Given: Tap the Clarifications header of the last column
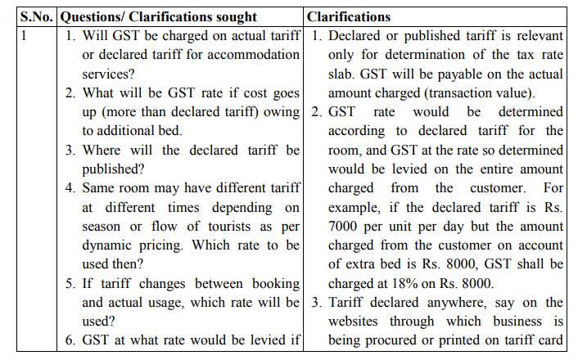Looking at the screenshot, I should pos(349,16).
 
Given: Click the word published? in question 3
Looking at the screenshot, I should pos(113,169).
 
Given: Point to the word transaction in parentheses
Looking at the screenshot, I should pos(466,92).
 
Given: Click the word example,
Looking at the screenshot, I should pos(358,206).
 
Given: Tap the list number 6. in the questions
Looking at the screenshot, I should pos(71,340).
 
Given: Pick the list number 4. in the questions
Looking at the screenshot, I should pos(71,187).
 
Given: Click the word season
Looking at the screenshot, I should pos(102,226).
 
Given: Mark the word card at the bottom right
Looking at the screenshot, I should pos(550,340).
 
